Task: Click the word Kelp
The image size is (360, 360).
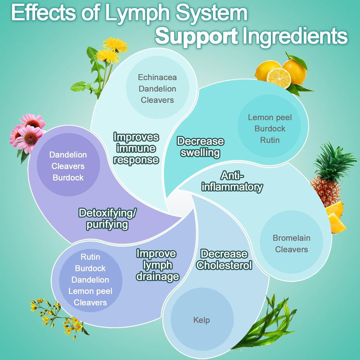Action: (x=201, y=320)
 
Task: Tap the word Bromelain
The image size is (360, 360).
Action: (x=292, y=238)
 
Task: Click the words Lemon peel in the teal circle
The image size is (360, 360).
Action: (x=270, y=117)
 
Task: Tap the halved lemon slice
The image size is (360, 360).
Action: (x=279, y=77)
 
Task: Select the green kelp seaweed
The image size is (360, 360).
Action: (x=265, y=324)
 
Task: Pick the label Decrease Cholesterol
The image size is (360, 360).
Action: (x=224, y=260)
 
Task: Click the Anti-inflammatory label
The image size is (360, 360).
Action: (x=232, y=181)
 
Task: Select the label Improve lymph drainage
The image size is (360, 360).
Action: (x=157, y=265)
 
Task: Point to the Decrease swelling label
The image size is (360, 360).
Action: (x=201, y=147)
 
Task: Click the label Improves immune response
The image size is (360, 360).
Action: (x=136, y=148)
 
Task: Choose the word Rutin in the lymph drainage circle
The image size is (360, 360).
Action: (x=90, y=257)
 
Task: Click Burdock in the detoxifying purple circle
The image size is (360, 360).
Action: (x=68, y=177)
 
